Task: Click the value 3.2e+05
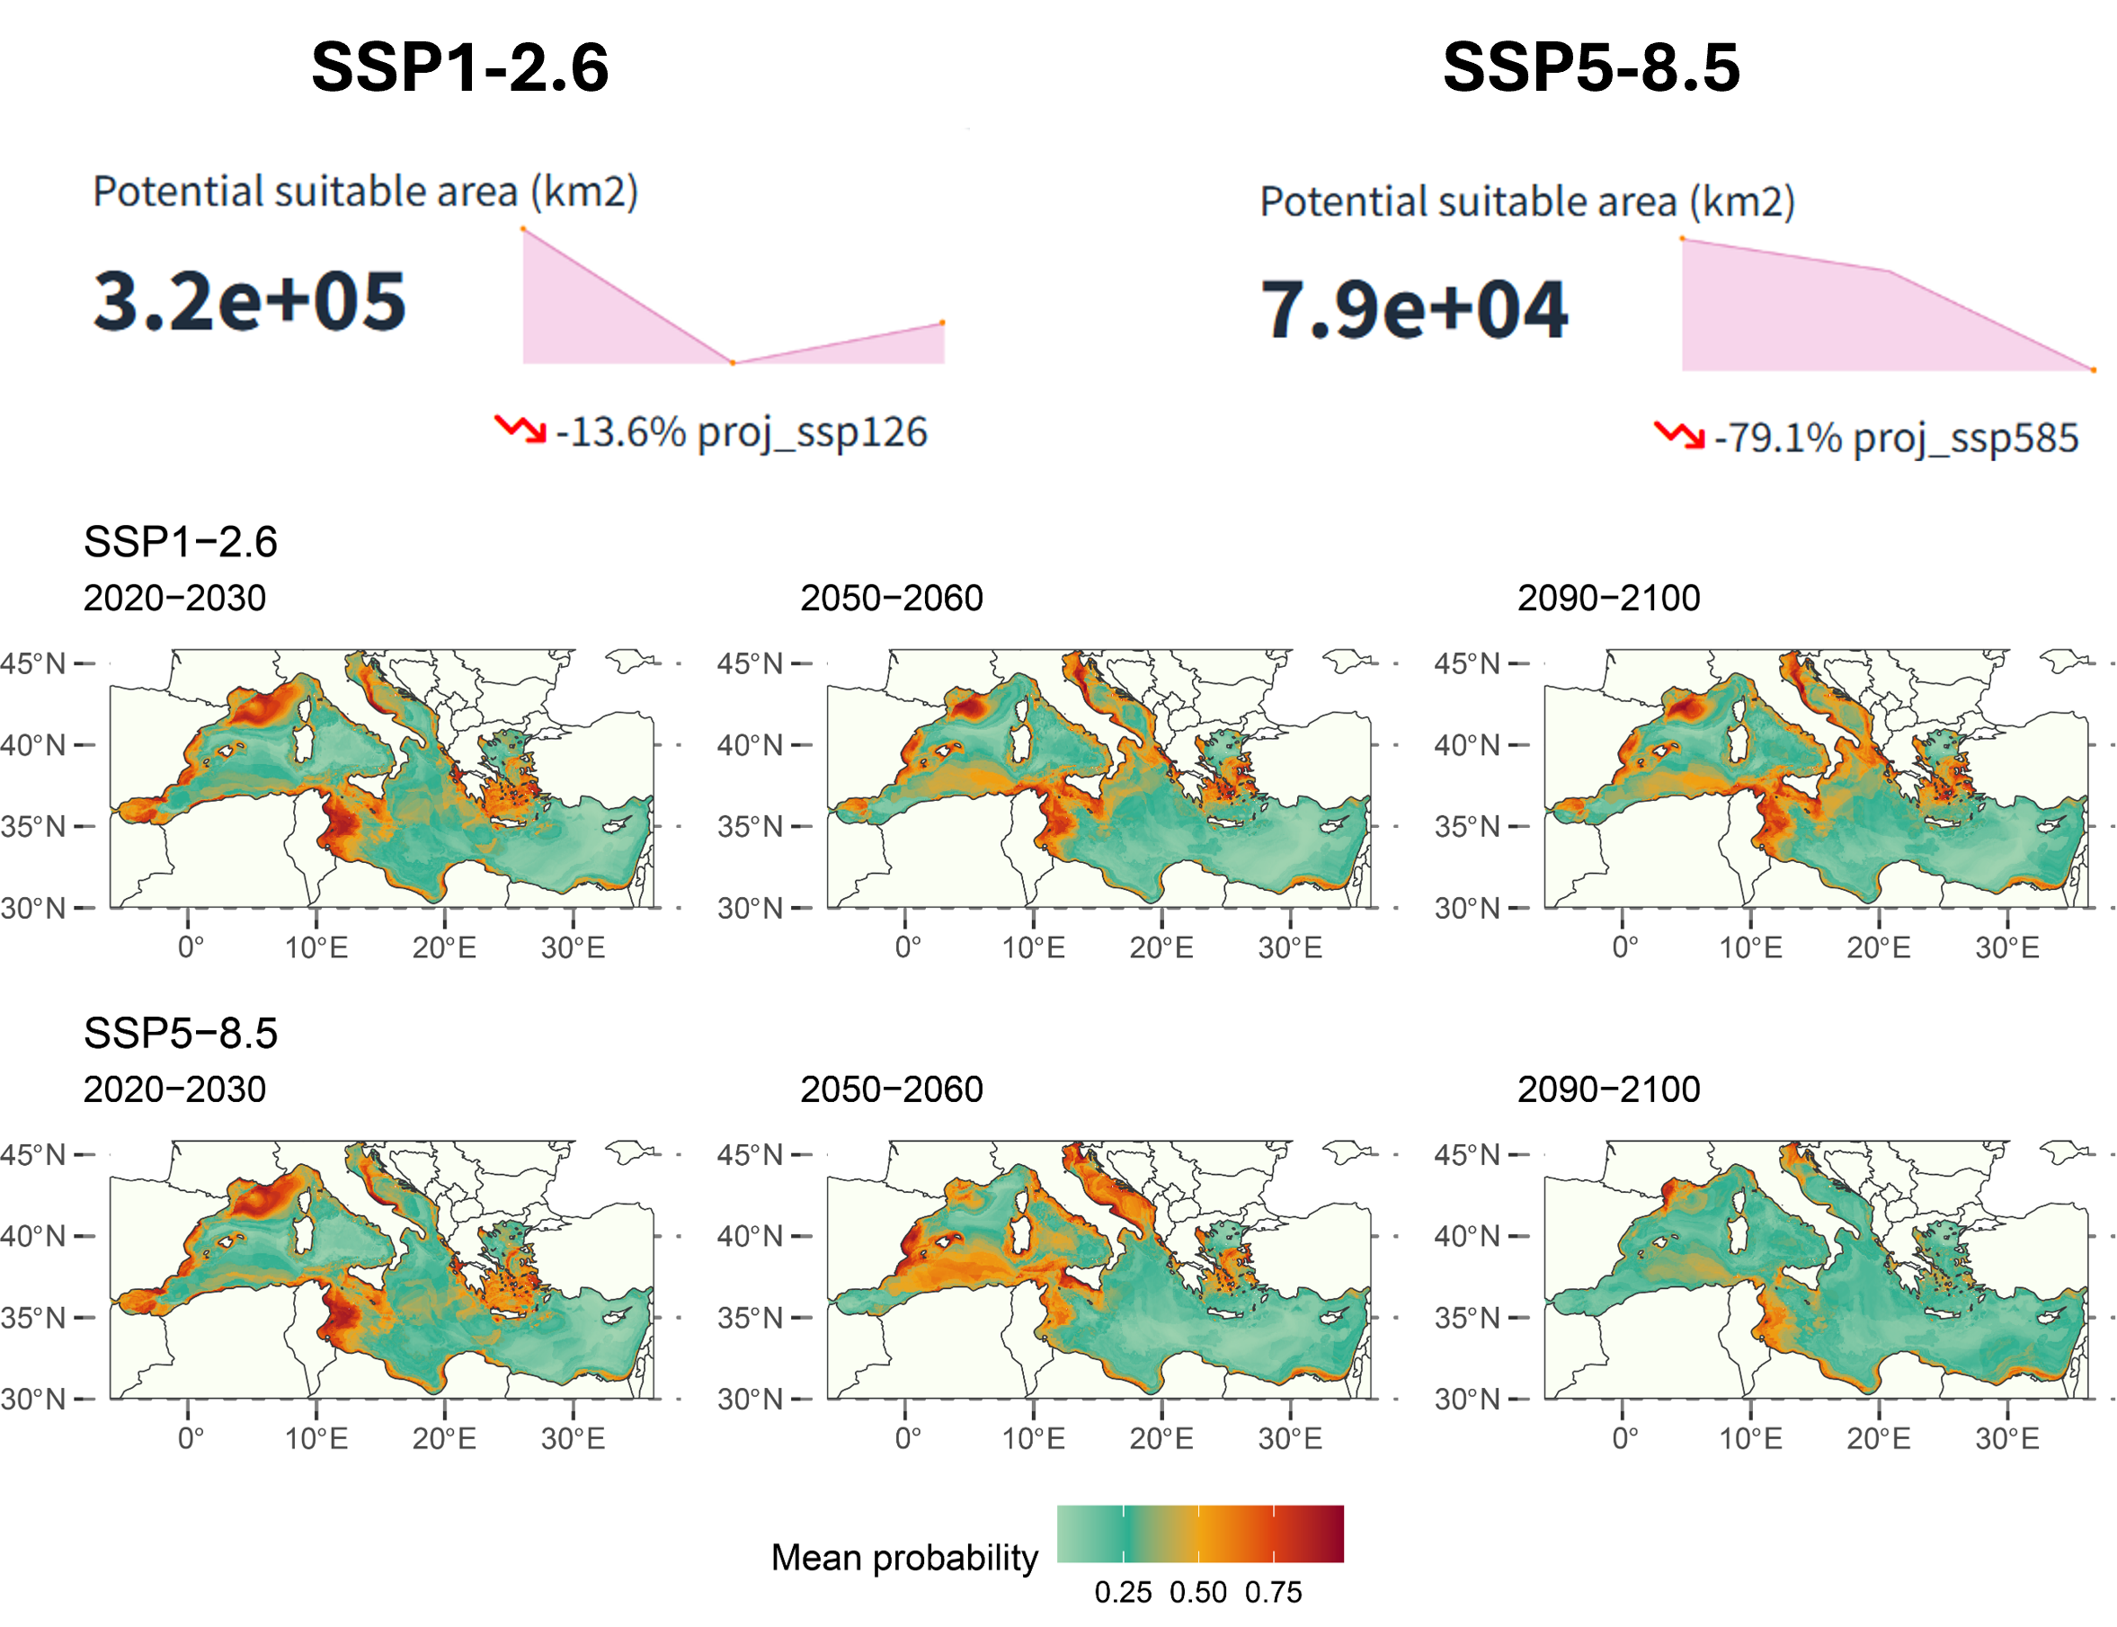coord(249,301)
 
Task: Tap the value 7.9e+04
coord(1413,310)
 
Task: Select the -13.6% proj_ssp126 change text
coord(741,432)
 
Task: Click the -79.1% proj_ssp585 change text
coord(1895,438)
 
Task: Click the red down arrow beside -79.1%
coord(1678,435)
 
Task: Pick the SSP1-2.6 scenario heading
coord(180,541)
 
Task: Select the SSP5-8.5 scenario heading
coord(180,1034)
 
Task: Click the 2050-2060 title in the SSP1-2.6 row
coord(891,598)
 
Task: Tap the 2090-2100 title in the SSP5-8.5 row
coord(1607,1089)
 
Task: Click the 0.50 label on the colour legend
coord(1198,1592)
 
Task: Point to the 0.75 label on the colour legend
coord(1273,1592)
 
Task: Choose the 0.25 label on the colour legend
coord(1123,1592)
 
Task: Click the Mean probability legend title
coord(903,1557)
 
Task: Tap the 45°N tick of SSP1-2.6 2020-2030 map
coord(33,663)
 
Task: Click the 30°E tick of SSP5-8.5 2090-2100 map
coord(2006,1438)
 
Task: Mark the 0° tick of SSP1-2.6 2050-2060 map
coord(907,947)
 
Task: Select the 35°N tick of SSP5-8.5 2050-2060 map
coord(750,1317)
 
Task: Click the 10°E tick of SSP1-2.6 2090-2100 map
coord(1750,947)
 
